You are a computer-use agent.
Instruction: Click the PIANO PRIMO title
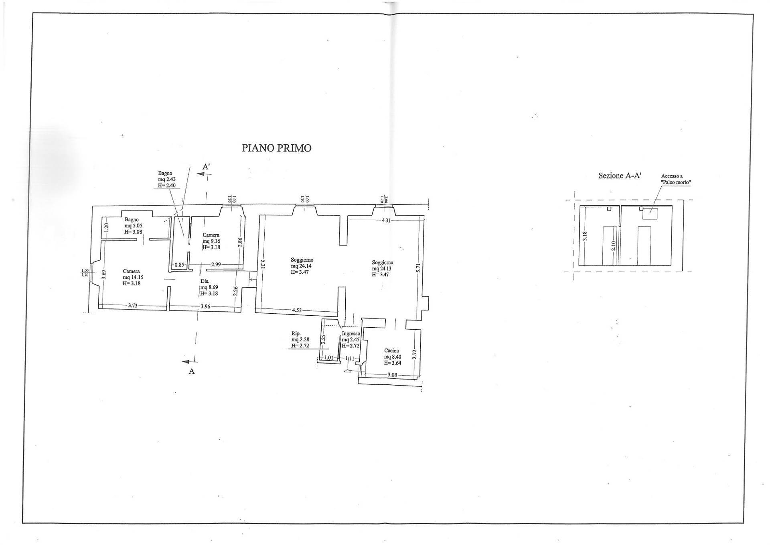click(x=276, y=148)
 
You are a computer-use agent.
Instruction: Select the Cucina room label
click(x=391, y=351)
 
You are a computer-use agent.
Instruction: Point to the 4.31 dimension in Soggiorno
click(x=386, y=220)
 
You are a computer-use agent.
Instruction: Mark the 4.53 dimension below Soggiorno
click(x=297, y=310)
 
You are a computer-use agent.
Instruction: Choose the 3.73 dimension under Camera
click(x=133, y=306)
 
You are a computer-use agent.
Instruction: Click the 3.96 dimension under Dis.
click(x=205, y=306)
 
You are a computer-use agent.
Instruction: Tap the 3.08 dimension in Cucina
click(x=392, y=375)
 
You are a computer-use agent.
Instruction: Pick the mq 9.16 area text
click(x=211, y=241)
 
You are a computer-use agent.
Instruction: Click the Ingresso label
click(x=351, y=334)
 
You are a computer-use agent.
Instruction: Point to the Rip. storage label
click(x=296, y=333)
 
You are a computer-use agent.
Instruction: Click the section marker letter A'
click(x=207, y=167)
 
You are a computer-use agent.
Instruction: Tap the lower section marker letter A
click(x=192, y=371)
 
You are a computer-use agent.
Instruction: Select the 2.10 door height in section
click(x=614, y=246)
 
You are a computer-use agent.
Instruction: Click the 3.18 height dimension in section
click(x=585, y=236)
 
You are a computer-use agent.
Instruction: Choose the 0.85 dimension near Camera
click(x=179, y=265)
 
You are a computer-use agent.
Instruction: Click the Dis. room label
click(x=205, y=281)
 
